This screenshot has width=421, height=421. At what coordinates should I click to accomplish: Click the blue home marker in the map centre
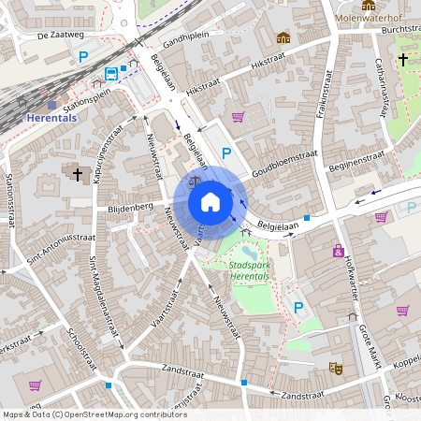(x=210, y=201)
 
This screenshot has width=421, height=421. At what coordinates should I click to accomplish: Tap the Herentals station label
(x=52, y=119)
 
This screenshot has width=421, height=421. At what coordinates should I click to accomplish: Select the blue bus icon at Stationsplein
(x=111, y=74)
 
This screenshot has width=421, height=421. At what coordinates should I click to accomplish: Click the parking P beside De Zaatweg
(x=83, y=57)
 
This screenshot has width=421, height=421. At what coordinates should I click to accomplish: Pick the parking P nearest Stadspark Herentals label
(x=298, y=307)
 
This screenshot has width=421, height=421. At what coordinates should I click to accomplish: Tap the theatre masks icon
(x=335, y=369)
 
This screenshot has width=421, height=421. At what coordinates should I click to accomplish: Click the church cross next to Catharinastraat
(x=402, y=60)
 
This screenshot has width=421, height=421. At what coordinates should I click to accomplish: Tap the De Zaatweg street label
(x=56, y=36)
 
